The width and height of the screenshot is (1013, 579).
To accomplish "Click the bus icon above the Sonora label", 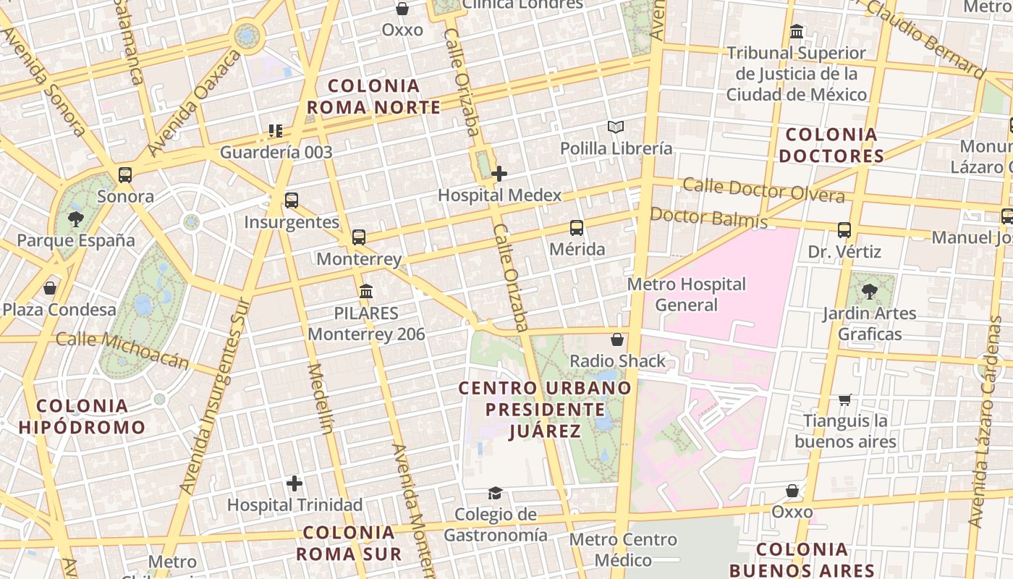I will pos(125,174).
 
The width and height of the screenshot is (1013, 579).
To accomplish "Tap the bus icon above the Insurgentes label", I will pos(292,200).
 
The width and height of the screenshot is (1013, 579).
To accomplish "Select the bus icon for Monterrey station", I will pos(359,237).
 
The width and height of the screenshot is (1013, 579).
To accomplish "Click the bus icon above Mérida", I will pos(577,228).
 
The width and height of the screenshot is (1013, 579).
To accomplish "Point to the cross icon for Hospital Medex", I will pos(499,174).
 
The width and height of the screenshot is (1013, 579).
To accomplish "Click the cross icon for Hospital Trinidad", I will pos(294,483).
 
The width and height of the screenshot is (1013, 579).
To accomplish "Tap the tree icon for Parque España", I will pos(75,219).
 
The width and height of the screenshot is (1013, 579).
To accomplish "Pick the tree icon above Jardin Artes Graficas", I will pos(869,292).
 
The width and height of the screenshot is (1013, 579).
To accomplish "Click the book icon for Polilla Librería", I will pos(616,127).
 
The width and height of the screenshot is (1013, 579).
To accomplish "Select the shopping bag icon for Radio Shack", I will pos(617,339).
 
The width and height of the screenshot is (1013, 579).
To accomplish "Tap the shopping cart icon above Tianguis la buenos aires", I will pos(844,400).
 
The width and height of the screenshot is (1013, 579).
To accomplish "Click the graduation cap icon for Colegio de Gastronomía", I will pos(495,493).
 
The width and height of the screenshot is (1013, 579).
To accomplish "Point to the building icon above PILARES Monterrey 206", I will pos(366,291).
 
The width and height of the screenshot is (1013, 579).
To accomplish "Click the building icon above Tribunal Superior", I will pos(797,32).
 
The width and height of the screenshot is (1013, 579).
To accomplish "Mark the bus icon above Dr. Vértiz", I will pos(844,230).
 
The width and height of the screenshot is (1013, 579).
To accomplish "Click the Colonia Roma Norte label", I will pos(373,96).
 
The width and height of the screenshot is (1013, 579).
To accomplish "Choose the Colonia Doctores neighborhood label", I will pos(831,145).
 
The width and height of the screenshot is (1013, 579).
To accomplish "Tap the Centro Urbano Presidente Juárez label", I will pos(546,409).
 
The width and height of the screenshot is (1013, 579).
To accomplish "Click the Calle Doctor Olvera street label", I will pos(763,190).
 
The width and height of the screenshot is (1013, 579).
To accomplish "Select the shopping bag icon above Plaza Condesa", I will pos(50,288).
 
